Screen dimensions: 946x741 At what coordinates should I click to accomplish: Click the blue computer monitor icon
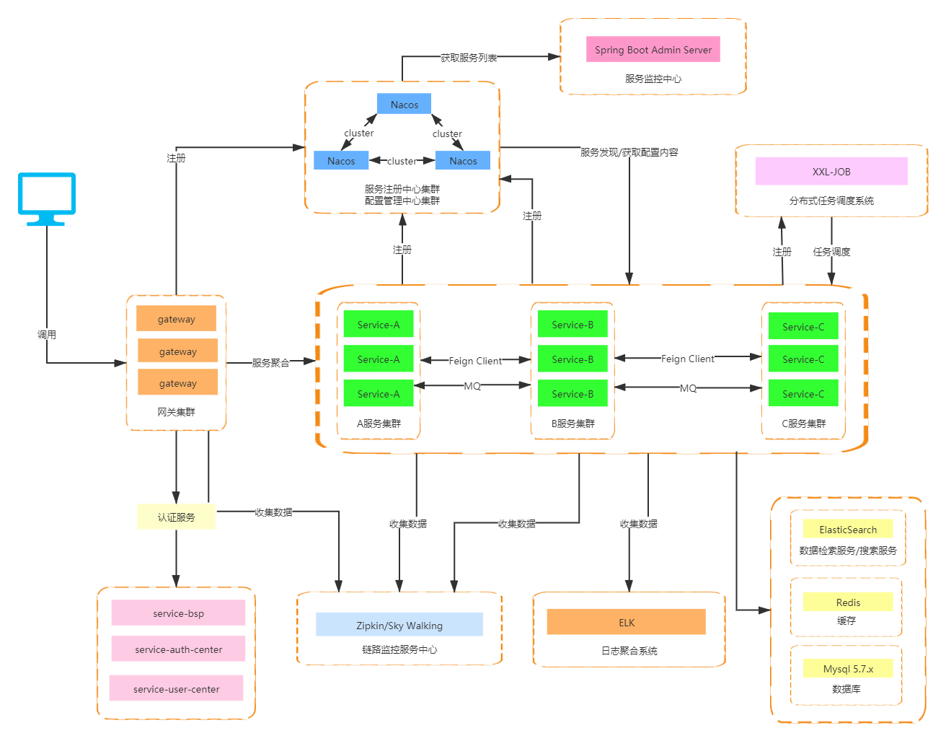[47, 198]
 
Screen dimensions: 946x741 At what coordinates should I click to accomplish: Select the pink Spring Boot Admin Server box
[653, 49]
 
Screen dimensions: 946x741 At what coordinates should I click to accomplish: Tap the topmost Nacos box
[404, 104]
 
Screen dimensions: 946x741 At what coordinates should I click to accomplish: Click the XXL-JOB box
[831, 171]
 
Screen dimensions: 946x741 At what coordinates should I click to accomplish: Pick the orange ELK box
[626, 622]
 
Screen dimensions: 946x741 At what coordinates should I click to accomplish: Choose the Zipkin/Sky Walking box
[399, 624]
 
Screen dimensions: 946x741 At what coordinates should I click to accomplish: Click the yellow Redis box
[848, 602]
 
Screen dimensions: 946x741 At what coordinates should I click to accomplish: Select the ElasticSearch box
[848, 528]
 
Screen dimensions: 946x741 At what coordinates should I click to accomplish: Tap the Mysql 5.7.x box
[848, 668]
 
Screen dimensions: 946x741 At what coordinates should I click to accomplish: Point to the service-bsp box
[178, 613]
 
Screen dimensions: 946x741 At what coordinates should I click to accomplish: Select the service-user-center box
[177, 688]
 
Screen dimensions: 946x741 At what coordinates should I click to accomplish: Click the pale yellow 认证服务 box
[177, 517]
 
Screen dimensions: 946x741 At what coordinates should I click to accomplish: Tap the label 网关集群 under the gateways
[177, 412]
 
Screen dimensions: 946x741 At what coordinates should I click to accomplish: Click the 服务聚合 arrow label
[270, 362]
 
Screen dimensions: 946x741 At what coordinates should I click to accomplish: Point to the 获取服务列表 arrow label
[469, 58]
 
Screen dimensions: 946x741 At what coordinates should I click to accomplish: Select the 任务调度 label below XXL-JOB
[831, 252]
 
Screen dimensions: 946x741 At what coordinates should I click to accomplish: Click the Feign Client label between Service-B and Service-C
[687, 359]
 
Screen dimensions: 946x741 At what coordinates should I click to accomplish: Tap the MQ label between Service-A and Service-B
[472, 386]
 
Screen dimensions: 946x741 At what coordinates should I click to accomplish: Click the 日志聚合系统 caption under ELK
[629, 650]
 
